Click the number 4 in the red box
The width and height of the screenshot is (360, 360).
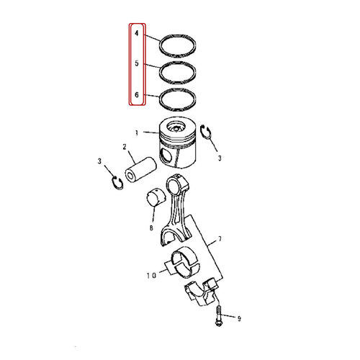[x=135, y=32]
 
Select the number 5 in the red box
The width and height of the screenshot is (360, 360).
[x=135, y=64]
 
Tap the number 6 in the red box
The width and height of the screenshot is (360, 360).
[x=135, y=95]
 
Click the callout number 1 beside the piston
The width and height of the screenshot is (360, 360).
[x=136, y=132]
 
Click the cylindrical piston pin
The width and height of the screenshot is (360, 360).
[x=137, y=176]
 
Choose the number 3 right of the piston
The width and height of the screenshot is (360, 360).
[x=222, y=156]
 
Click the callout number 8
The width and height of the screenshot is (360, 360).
[x=151, y=228]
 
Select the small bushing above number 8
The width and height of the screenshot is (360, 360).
[x=158, y=197]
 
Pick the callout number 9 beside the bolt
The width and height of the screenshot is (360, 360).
[x=240, y=317]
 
